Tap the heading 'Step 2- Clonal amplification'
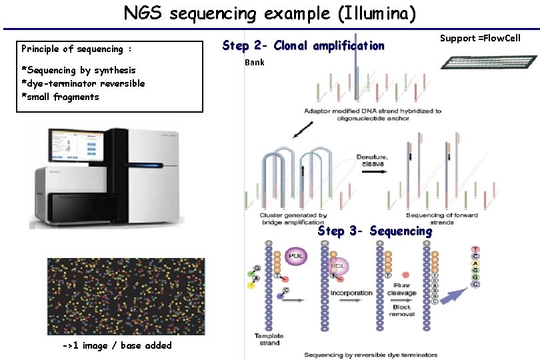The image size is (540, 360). coord(303,45)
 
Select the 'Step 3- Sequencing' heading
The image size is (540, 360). coord(375,231)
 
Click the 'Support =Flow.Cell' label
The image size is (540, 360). coord(480,38)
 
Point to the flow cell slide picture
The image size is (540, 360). coord(489,62)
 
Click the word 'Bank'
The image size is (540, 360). coord(255,63)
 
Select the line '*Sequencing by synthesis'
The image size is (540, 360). coord(79,70)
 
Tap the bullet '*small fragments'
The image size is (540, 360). coord(60,97)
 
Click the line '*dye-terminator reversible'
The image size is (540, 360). coord(83,83)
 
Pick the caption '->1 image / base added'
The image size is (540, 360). coord(117,345)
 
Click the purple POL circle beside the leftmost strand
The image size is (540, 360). coord(295,256)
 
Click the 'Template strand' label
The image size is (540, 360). coord(270,340)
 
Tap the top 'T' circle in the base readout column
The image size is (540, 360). coord(475,249)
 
